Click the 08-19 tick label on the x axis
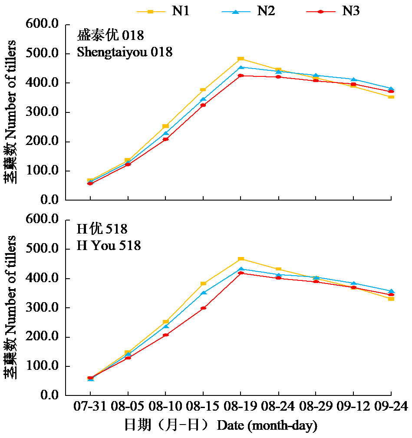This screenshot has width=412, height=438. tap(241, 406)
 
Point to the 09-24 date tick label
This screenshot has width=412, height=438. tap(391, 406)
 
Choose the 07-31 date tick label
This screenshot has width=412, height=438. tap(90, 406)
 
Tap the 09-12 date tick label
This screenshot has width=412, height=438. tap(353, 406)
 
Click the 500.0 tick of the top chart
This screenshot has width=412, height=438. tap(44, 54)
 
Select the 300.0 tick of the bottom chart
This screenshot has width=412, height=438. tap(44, 308)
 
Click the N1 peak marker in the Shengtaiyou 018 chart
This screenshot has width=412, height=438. tap(241, 59)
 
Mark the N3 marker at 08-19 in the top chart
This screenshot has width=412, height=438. tap(241, 76)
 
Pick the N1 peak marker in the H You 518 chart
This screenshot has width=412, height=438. tap(241, 259)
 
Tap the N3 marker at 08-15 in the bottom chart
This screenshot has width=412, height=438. tap(203, 308)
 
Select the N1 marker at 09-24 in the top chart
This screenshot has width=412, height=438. tap(391, 97)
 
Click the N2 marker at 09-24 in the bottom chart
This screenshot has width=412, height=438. tap(391, 291)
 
